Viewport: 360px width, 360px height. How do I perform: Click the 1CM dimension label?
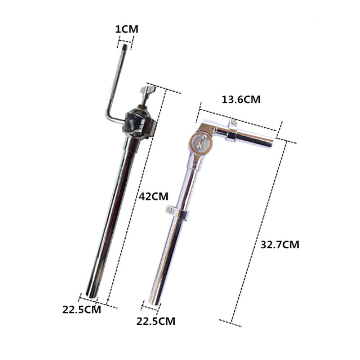(127, 30)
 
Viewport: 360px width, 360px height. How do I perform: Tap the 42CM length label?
(154, 197)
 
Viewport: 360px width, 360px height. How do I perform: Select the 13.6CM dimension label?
(241, 100)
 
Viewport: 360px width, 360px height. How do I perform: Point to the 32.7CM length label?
(280, 244)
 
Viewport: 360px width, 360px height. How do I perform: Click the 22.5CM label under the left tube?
(81, 310)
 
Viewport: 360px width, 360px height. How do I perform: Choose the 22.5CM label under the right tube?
(156, 321)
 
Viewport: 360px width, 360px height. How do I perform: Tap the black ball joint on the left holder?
(133, 122)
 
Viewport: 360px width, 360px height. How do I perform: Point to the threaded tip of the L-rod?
(125, 46)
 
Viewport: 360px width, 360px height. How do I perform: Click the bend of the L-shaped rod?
(108, 116)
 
